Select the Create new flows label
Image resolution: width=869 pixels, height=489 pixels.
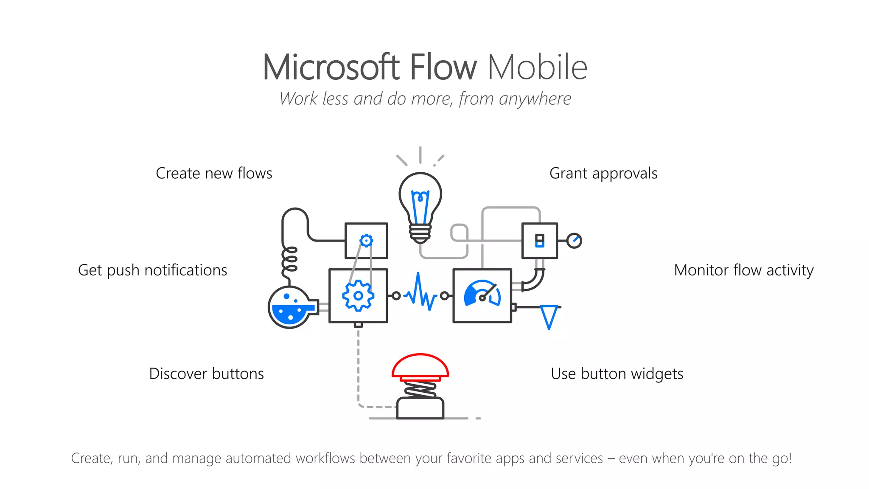(x=214, y=173)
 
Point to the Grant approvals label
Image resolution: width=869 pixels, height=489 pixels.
(x=603, y=173)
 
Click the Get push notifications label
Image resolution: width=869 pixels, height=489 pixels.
(x=152, y=270)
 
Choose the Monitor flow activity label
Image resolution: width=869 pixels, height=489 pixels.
(x=743, y=270)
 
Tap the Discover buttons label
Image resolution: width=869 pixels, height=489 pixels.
(x=206, y=374)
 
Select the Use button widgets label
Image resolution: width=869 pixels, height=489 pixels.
(x=617, y=374)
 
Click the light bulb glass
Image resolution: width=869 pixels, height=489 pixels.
(x=420, y=197)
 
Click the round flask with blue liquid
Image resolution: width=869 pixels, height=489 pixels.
(x=289, y=308)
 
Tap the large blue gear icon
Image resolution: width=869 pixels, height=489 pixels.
(x=358, y=296)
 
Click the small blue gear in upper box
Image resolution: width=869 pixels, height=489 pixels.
(x=366, y=241)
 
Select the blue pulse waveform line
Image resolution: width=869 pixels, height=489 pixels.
(x=420, y=293)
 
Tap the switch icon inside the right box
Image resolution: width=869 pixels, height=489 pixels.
(x=539, y=241)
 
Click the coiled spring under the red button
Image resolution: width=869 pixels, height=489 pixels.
(x=420, y=389)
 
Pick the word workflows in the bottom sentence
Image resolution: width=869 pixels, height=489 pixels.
(x=325, y=458)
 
